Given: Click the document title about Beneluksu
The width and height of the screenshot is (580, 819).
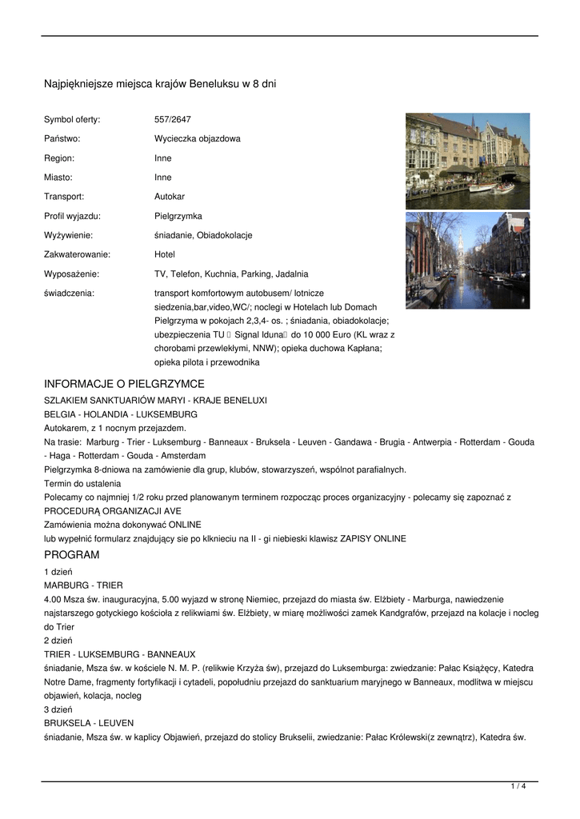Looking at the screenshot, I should pos(159,83).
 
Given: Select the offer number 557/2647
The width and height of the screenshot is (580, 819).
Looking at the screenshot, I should pos(172,119).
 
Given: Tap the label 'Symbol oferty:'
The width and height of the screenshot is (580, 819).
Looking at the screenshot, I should pos(72,119).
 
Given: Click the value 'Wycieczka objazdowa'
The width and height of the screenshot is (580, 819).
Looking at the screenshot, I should pos(197,138).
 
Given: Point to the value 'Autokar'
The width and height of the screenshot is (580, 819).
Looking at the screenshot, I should pos(170,196).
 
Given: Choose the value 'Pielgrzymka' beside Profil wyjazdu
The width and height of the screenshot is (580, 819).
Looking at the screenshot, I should pos(178,216).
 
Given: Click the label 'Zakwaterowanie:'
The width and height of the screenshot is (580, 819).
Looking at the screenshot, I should pos(77,254).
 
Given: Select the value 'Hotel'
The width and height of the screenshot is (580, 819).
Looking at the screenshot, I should pos(165,254).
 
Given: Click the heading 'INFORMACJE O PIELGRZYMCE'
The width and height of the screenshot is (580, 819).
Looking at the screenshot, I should pos(124,384).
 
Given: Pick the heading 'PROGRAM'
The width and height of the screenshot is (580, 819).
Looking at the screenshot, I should pos(72,555).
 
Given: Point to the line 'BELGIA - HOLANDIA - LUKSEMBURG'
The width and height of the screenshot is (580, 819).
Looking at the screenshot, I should pos(121,414).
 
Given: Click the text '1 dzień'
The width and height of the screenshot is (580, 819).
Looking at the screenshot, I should pos(58,571).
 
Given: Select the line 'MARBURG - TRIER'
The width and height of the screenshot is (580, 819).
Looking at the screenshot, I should pos(83,585).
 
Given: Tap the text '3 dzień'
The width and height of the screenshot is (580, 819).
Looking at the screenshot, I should pos(58,709).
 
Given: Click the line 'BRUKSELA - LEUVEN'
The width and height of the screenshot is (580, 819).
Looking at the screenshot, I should pos(89,723).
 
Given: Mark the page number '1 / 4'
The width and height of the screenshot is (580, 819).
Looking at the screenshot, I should pos(518,787).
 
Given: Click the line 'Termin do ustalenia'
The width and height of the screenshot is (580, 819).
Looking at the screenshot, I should pos(82,483).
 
